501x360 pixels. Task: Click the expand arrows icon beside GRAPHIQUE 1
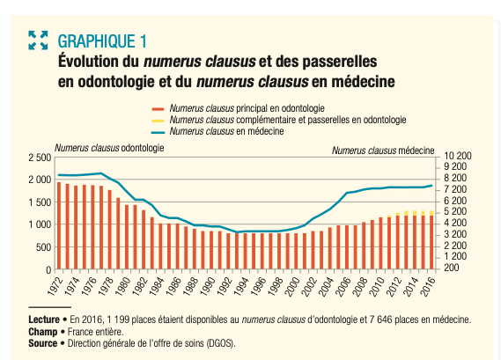click(x=38, y=40)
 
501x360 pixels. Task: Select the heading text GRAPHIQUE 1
click(x=102, y=41)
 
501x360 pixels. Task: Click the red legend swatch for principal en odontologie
click(x=158, y=109)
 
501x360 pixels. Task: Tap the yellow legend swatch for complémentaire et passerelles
click(x=158, y=121)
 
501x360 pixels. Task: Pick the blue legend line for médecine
click(x=158, y=132)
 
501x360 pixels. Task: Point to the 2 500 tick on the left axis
click(x=40, y=158)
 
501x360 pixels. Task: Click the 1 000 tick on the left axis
click(x=40, y=224)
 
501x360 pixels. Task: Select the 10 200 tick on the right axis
click(x=458, y=156)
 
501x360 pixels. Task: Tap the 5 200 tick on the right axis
click(x=455, y=212)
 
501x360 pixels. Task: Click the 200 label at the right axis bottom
click(x=451, y=268)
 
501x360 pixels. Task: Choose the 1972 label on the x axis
click(x=54, y=286)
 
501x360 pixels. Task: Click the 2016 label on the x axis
click(x=428, y=286)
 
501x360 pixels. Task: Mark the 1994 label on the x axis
click(x=241, y=286)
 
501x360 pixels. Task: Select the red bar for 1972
click(x=59, y=225)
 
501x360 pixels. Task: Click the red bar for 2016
click(x=431, y=242)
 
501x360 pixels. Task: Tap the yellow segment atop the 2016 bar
click(x=431, y=213)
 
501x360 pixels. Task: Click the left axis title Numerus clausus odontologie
click(x=109, y=148)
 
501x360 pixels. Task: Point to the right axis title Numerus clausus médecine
click(x=383, y=151)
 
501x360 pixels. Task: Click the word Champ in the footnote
click(x=43, y=332)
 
